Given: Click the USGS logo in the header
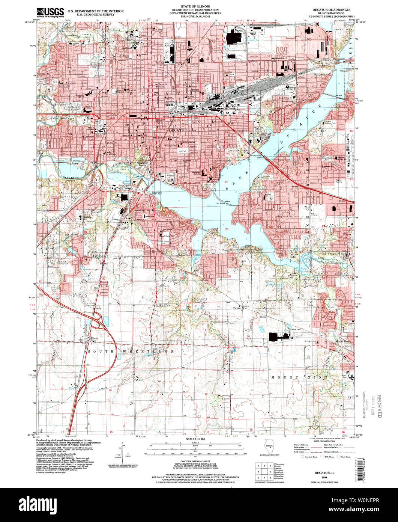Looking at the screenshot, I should click(x=50, y=12).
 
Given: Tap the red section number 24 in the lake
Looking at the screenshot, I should click(x=226, y=182).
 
